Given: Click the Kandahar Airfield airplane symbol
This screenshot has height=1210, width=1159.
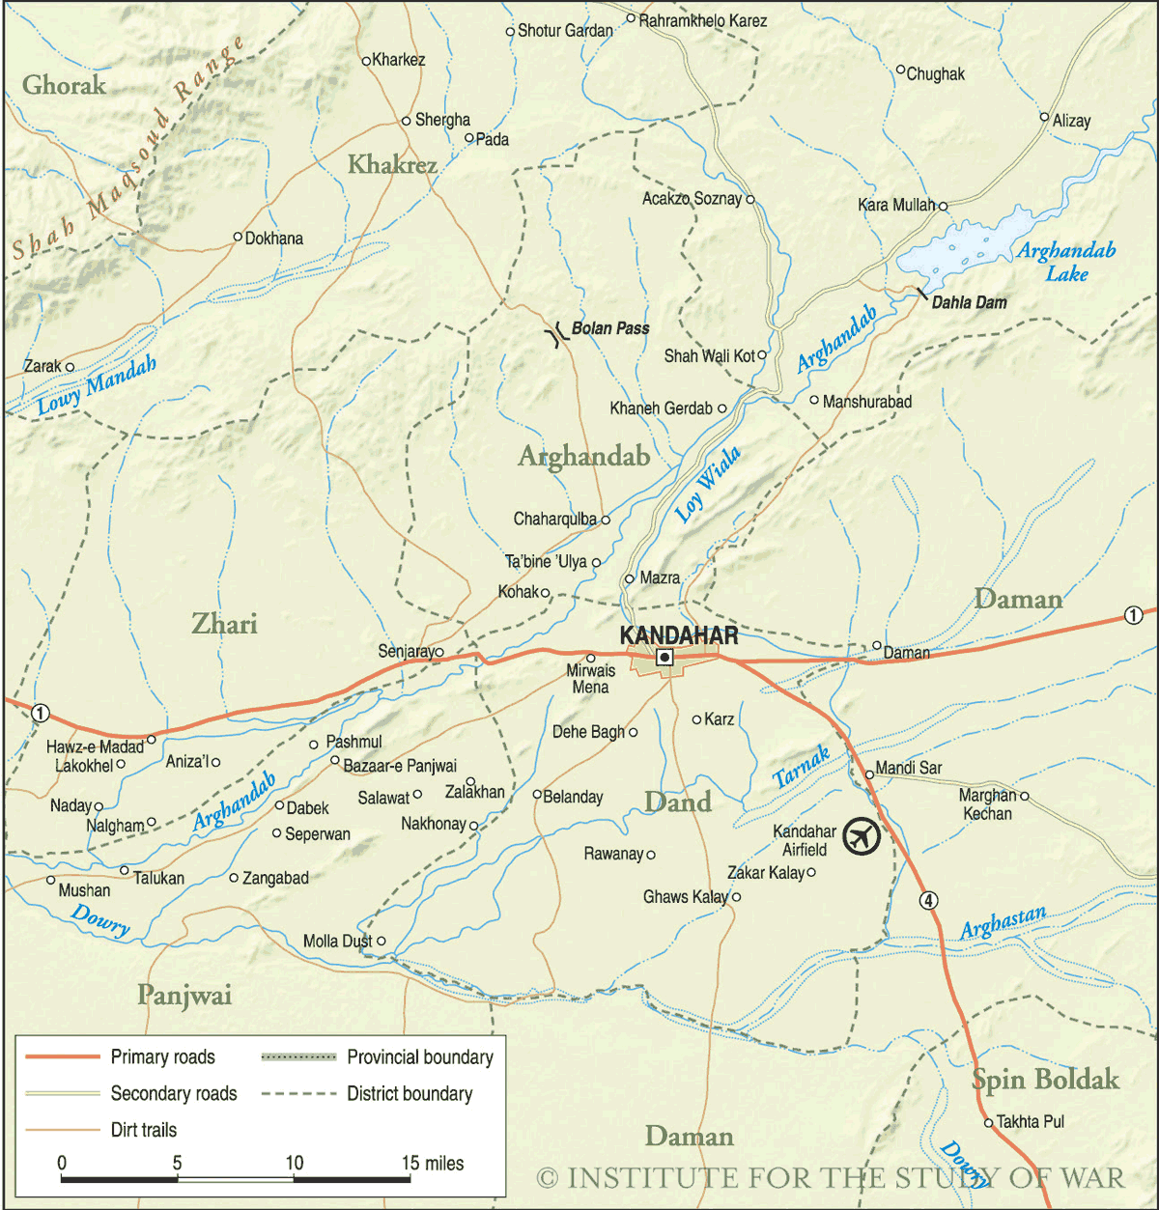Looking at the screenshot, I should (861, 836).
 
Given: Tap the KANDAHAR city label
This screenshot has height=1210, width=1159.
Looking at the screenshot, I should (679, 635).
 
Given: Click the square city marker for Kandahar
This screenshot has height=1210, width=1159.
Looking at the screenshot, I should (664, 658).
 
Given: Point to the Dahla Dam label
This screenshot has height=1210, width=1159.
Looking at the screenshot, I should (969, 303).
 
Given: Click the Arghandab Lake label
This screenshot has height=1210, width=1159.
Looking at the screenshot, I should (1066, 262).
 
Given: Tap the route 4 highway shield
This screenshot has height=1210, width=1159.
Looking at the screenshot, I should (927, 900).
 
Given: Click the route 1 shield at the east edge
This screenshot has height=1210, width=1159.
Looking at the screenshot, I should (1133, 615).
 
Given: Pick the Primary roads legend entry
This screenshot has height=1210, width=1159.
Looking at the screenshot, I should (162, 1057).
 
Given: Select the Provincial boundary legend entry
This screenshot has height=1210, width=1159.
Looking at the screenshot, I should (419, 1057).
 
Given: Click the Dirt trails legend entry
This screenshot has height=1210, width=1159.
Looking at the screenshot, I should (143, 1130).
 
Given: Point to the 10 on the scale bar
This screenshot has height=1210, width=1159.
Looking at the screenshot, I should (294, 1164).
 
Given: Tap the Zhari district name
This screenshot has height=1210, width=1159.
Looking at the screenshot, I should (224, 625).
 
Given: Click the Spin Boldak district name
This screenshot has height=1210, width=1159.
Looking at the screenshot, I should (1045, 1080).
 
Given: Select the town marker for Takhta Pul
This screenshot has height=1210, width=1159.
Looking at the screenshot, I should (988, 1123).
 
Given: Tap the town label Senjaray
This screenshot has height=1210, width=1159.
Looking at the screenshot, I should (406, 652).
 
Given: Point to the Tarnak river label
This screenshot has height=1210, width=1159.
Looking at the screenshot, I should (802, 768).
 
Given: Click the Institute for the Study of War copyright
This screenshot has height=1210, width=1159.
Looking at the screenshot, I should (831, 1178).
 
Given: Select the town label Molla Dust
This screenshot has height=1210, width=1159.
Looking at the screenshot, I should (337, 942).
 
